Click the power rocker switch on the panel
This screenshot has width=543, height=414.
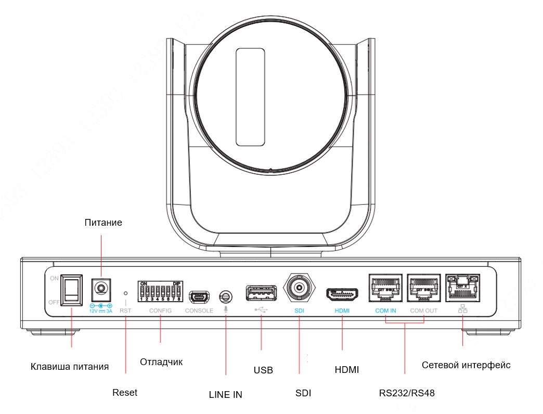coord(71,290)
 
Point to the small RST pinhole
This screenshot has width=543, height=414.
coord(126,293)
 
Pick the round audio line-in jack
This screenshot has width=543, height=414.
coord(226,297)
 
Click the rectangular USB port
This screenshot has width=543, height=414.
coord(261,293)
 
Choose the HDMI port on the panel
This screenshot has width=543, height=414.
coord(342,295)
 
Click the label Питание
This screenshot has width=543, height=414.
coord(103,223)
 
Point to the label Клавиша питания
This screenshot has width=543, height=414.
coord(70,366)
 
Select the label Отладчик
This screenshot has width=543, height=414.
coord(161,361)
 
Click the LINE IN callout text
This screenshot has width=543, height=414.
coord(225,394)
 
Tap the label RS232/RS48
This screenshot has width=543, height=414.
coord(407,393)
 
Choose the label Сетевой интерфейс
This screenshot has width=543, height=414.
coord(466,365)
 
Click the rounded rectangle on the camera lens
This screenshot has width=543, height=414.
coord(250,97)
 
